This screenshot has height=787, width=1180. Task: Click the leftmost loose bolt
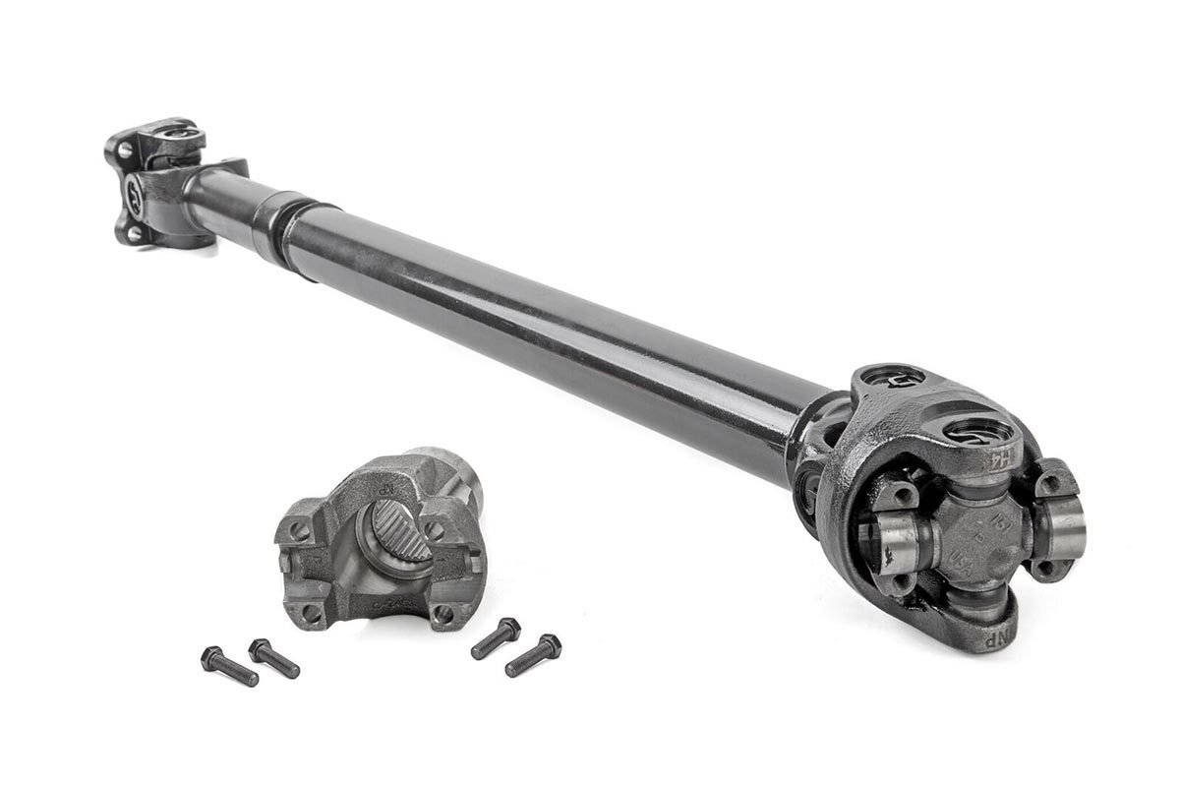pos(228,666)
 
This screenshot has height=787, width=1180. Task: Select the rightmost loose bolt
pos(533,654)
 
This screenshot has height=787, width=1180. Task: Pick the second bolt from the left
pos(273,657)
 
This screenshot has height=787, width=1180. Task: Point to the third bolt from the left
pos(496,637)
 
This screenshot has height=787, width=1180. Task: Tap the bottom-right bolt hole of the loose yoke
pos(443,614)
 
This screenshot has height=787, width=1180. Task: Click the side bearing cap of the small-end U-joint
pos(135,189)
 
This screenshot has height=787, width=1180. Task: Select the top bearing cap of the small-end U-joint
pos(175,130)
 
